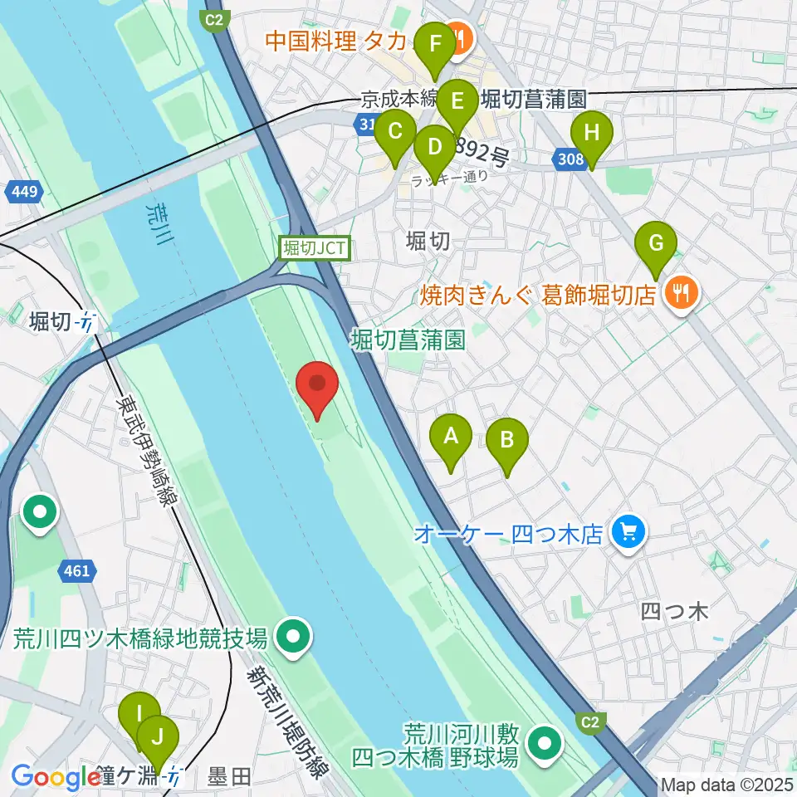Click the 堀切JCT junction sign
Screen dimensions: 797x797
point(315,247)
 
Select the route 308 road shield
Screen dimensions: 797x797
point(571,159)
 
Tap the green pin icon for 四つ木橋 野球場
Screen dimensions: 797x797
point(545,744)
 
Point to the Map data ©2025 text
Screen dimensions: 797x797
point(726,784)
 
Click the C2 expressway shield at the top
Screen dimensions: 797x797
point(216,18)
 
